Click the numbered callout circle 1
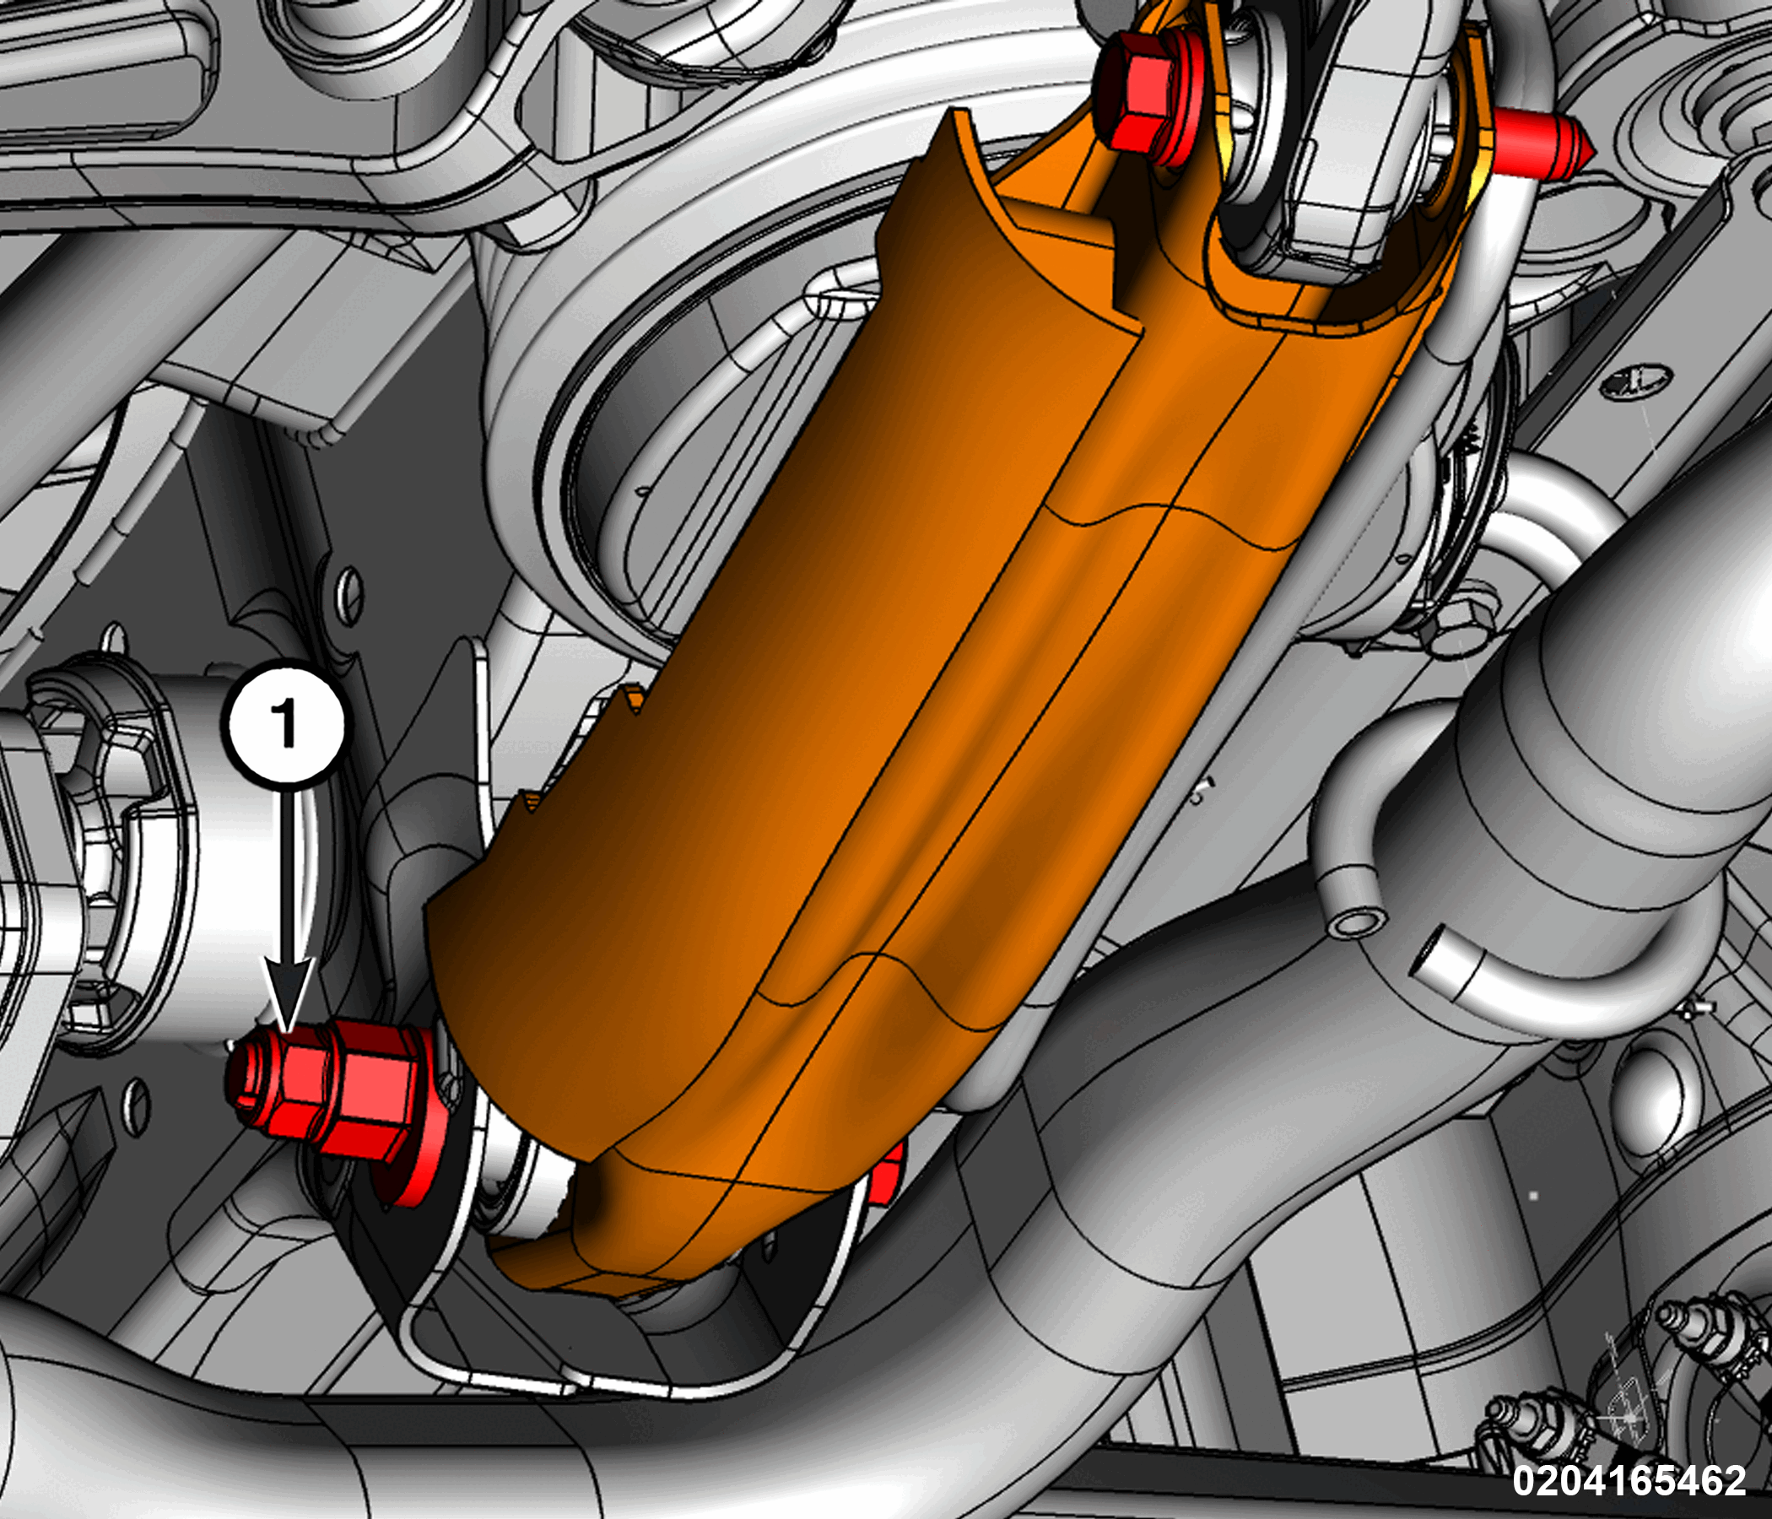[287, 722]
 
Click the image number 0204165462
[1629, 1478]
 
